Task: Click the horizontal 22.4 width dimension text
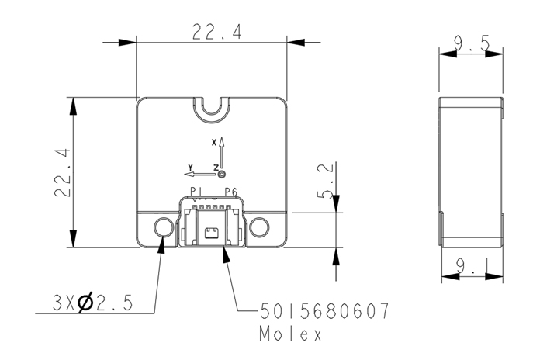217,32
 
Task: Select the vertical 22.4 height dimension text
63,173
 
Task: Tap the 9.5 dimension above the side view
472,43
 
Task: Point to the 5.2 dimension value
325,181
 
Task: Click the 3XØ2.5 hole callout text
92,303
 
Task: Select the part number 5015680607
324,311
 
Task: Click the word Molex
290,334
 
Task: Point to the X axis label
214,143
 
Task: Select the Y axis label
191,168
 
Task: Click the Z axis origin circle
222,175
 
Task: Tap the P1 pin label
196,192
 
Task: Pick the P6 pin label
230,192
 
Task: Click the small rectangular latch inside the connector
212,234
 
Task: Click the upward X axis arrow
222,154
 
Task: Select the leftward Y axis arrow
200,175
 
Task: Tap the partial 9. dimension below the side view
466,265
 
